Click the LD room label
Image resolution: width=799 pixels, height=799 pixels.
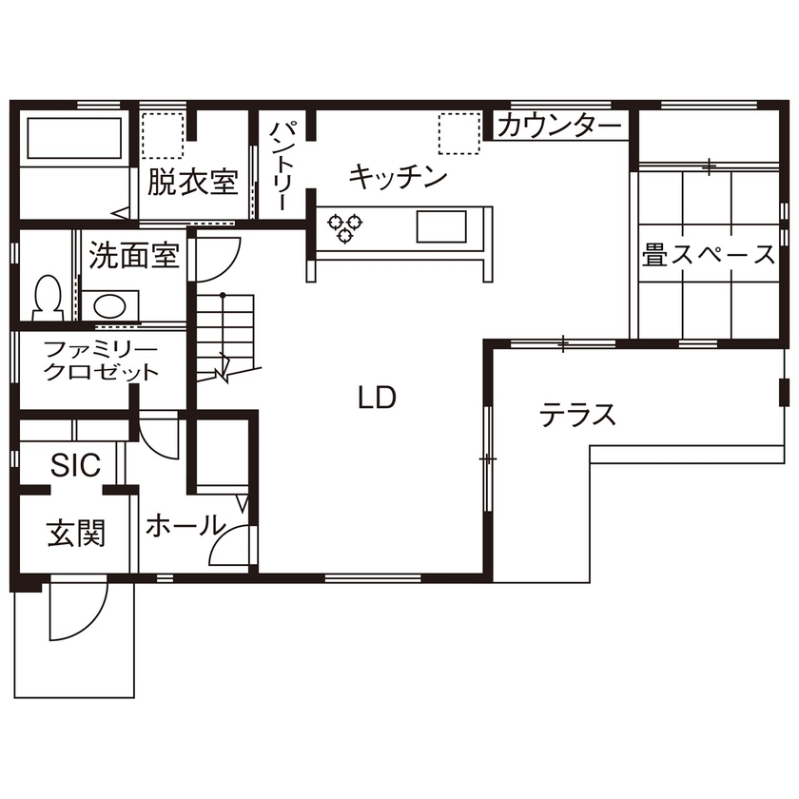pyautogui.click(x=377, y=399)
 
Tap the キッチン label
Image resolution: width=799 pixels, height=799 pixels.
pyautogui.click(x=398, y=176)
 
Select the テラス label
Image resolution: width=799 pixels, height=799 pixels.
pyautogui.click(x=577, y=415)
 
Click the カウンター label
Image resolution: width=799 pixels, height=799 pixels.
pyautogui.click(x=559, y=125)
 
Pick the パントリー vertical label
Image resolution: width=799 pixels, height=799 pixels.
pyautogui.click(x=284, y=166)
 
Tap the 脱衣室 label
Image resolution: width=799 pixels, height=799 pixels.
pyautogui.click(x=192, y=181)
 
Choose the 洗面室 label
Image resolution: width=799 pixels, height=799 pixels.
pyautogui.click(x=134, y=255)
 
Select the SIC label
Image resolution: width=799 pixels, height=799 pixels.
pyautogui.click(x=75, y=465)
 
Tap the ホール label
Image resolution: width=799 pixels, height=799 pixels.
pyautogui.click(x=185, y=526)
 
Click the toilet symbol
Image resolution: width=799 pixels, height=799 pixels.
pyautogui.click(x=46, y=297)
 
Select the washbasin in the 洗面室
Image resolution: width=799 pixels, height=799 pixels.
pyautogui.click(x=109, y=305)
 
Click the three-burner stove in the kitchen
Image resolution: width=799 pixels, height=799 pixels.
pyautogui.click(x=346, y=226)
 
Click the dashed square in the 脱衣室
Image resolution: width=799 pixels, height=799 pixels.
pyautogui.click(x=162, y=135)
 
